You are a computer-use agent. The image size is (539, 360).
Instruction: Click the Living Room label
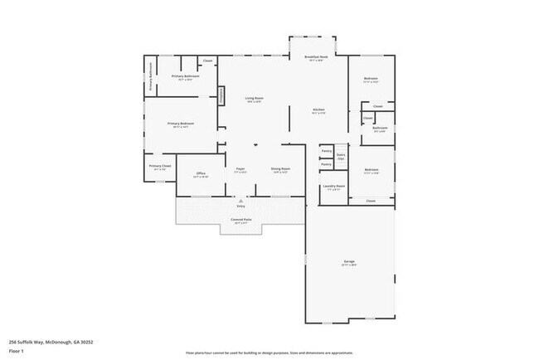pos(254,99)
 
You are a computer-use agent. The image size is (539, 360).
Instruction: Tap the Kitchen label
pos(318,110)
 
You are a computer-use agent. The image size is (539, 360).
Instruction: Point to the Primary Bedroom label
pos(182,124)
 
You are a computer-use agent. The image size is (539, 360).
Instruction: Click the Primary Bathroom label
pos(182,77)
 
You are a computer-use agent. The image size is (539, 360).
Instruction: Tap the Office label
pos(201,173)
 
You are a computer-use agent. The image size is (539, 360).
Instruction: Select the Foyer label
pos(240,169)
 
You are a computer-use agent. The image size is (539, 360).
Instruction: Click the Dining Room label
pos(279,169)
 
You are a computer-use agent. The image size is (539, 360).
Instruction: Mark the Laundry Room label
pos(333,187)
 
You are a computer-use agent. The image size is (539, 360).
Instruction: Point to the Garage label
pos(349,262)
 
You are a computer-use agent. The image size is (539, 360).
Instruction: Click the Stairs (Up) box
pos(340,154)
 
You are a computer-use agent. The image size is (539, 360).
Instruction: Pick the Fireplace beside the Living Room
pos(221,95)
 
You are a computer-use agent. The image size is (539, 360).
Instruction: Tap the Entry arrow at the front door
pos(240,202)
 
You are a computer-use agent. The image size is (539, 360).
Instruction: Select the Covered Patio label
pos(240,219)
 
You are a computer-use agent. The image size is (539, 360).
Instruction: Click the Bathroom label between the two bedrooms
pos(380,129)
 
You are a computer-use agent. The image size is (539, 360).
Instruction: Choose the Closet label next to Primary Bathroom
pos(208,61)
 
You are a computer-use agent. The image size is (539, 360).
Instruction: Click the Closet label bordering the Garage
pos(371,201)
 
